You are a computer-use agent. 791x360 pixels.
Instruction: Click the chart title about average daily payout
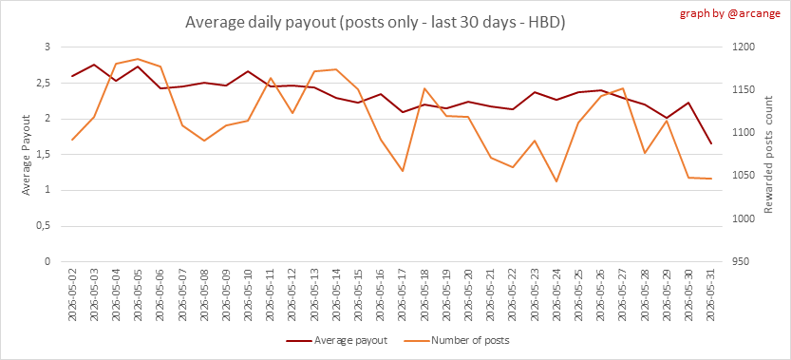374,23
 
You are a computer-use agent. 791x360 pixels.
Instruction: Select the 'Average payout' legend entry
336,340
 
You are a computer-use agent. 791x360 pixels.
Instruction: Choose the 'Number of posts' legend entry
457,340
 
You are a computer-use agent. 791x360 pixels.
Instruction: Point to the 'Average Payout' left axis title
27,155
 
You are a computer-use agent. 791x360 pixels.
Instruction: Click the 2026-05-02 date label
71,295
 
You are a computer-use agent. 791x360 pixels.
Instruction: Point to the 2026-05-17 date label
403,295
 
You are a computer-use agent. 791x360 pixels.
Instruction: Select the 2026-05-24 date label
556,295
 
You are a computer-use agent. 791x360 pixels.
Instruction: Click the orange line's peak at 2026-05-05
138,59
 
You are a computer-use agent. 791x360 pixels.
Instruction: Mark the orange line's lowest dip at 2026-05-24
556,181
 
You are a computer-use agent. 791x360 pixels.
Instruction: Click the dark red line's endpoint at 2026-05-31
712,143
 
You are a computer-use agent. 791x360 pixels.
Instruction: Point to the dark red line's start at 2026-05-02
71,76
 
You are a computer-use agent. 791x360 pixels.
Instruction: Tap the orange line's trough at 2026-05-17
403,171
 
